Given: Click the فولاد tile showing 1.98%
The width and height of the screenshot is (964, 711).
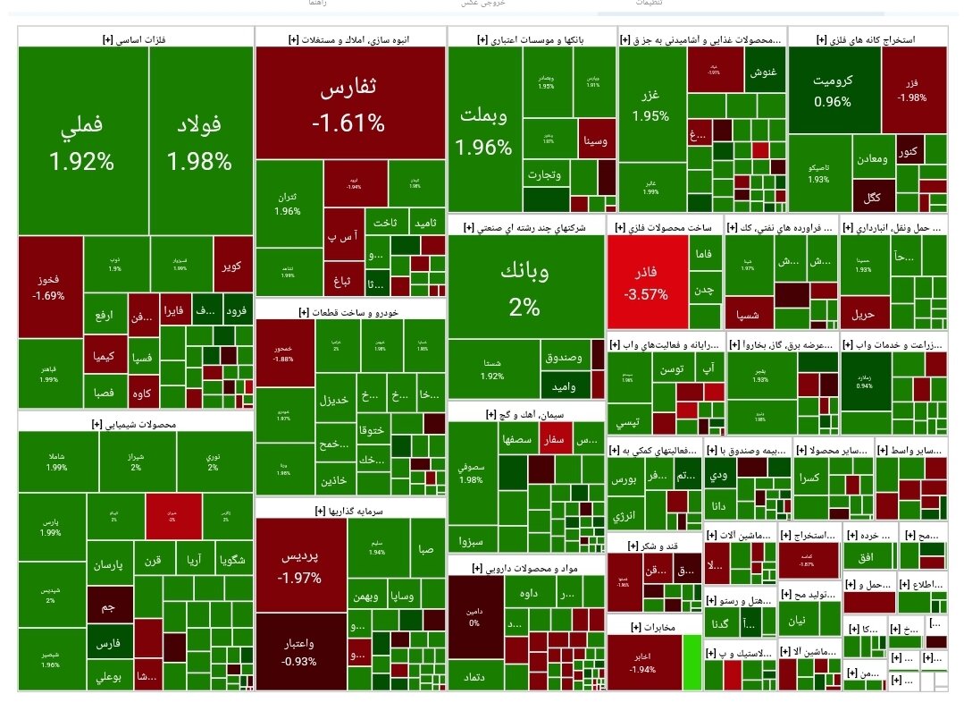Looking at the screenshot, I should [x=198, y=143].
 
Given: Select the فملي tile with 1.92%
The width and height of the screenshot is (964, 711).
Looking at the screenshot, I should [x=81, y=143].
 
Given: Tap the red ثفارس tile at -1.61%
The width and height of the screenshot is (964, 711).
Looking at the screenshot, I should [x=349, y=105].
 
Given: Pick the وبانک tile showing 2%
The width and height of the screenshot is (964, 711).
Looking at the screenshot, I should [x=525, y=289].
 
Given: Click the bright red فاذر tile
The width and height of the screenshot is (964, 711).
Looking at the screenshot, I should [x=646, y=283].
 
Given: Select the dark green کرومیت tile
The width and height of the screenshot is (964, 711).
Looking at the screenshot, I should [x=833, y=89].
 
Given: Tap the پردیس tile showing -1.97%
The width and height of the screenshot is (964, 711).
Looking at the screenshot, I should [x=299, y=565].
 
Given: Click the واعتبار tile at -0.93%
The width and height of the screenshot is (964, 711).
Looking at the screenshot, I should [x=299, y=651].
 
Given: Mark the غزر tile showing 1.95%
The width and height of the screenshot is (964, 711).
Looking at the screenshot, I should [x=650, y=106].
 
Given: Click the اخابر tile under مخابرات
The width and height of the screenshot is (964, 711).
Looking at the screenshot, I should [x=642, y=663].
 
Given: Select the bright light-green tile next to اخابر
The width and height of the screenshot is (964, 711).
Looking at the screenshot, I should [x=690, y=663].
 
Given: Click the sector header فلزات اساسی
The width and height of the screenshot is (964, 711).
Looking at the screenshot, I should [x=135, y=38].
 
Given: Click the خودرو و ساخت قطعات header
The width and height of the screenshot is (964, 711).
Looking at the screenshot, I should [x=349, y=312].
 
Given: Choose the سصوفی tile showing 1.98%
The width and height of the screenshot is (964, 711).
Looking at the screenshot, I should [x=471, y=473].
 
